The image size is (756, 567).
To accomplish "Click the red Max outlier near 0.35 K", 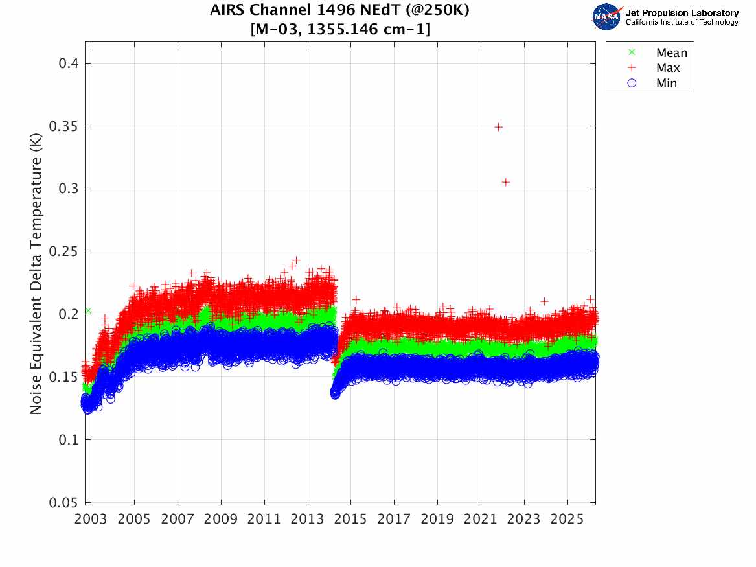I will click(498, 127).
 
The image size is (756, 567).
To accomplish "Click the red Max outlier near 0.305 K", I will click(506, 182).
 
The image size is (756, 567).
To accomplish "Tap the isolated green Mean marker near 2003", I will click(88, 311).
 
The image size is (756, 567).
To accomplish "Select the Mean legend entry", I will click(671, 52).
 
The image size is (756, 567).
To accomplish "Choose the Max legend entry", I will click(667, 68).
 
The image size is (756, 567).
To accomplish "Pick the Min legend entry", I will click(666, 83).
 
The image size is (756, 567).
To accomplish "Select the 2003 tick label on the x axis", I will click(91, 519).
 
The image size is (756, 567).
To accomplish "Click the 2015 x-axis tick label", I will click(351, 519).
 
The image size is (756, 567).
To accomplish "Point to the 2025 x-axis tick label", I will click(567, 519).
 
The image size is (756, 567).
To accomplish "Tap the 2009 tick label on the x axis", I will click(221, 519).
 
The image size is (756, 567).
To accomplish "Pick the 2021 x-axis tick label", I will click(481, 519).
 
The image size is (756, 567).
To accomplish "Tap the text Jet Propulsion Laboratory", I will click(682, 12).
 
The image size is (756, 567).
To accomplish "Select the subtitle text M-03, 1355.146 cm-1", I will click(340, 29).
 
